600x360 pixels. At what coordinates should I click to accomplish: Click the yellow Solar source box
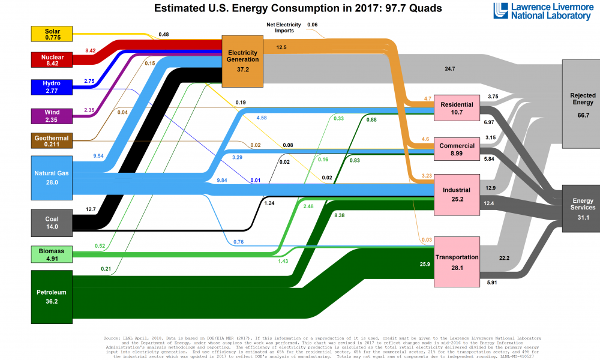click(x=52, y=34)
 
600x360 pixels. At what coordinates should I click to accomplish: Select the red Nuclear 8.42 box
click(x=52, y=59)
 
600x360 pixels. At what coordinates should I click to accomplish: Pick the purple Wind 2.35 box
click(x=52, y=115)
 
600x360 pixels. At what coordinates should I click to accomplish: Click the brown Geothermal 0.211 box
click(x=52, y=141)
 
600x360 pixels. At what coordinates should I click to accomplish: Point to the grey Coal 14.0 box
click(x=52, y=223)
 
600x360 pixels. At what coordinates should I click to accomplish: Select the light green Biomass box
click(x=52, y=254)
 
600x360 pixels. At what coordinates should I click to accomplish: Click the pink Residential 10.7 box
click(x=457, y=108)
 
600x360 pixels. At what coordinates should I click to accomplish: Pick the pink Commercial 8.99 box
click(x=457, y=149)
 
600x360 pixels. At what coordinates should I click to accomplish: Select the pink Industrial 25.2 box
click(x=457, y=194)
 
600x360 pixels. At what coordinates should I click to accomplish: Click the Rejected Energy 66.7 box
click(x=580, y=104)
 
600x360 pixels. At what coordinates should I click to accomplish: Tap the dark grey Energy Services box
click(x=580, y=208)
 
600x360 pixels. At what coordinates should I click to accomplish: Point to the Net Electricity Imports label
click(x=280, y=28)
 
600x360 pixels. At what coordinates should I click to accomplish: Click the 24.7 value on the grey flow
click(x=450, y=69)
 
